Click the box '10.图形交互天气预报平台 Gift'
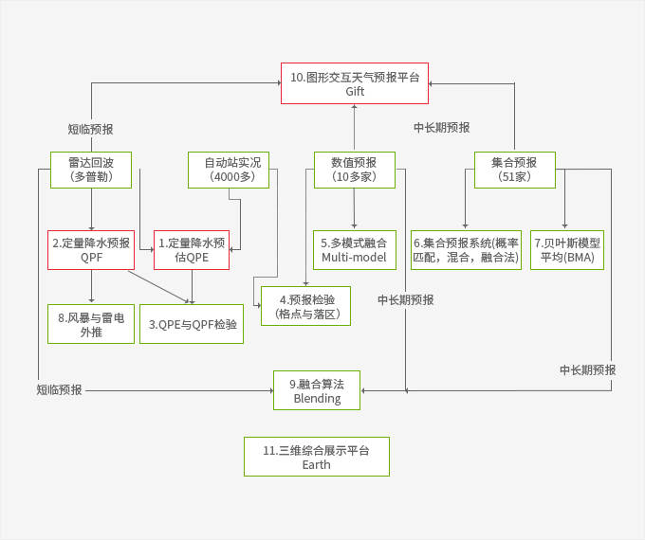tap(355, 83)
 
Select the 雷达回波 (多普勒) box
tap(91, 169)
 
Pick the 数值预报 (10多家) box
tap(354, 169)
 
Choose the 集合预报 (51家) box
tap(514, 169)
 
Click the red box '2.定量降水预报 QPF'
tap(91, 250)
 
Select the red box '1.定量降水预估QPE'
tap(193, 250)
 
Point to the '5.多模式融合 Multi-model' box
tap(354, 250)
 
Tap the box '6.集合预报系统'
tap(466, 250)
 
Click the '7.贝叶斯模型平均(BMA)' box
tap(567, 250)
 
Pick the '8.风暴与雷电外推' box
tap(91, 323)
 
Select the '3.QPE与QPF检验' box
tap(193, 324)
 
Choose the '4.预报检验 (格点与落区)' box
tap(306, 306)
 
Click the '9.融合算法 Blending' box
tap(317, 390)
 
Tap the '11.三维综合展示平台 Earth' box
tap(317, 457)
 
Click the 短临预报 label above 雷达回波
tap(90, 129)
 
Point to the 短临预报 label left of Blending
tap(60, 389)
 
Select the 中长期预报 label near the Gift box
tap(441, 127)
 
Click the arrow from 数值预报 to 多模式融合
tap(354, 208)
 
